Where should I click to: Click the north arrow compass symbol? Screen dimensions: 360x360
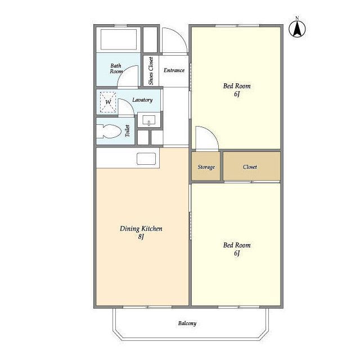pos(297,29)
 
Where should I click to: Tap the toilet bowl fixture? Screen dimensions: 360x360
pos(109,131)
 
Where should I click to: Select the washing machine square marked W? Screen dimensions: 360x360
pos(108,102)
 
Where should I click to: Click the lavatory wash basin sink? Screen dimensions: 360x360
pos(148,120)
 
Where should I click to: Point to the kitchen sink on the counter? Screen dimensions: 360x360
pos(146,159)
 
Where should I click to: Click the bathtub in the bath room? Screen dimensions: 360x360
pos(119,39)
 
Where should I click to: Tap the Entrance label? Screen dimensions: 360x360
pos(174,70)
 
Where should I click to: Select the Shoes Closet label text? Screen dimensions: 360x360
pos(151,71)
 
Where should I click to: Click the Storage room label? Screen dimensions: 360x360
pos(206,167)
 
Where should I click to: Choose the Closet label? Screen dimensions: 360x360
pos(250,167)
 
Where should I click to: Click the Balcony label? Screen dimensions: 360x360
pos(187,323)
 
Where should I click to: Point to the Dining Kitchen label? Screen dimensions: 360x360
pos(141,229)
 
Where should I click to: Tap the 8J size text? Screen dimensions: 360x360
pos(141,236)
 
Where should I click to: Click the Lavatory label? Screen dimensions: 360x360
pos(142,100)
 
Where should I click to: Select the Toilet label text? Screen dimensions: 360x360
pos(128,131)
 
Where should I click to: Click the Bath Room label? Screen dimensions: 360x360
pos(116,69)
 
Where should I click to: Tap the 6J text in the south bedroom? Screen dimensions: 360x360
pos(237,253)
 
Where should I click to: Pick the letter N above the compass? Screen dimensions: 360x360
pos(297,18)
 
